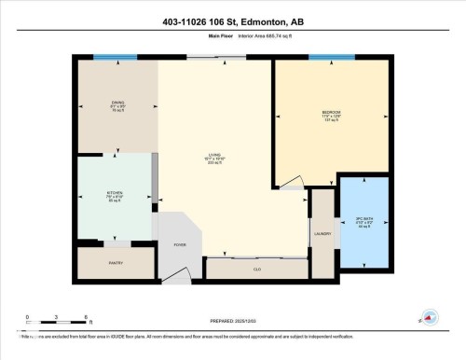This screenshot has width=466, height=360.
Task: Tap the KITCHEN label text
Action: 115,194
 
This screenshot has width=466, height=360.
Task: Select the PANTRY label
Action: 116,263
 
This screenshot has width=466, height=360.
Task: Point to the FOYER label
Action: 180,244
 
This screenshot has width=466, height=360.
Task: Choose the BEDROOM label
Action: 331,113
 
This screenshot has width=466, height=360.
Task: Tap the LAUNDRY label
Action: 323,234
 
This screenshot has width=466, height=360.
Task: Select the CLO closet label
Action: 256,269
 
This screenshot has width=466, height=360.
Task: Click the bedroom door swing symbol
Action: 292,182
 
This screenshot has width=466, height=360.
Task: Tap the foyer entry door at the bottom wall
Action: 178,279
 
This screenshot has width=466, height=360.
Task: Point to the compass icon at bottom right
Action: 427,318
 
